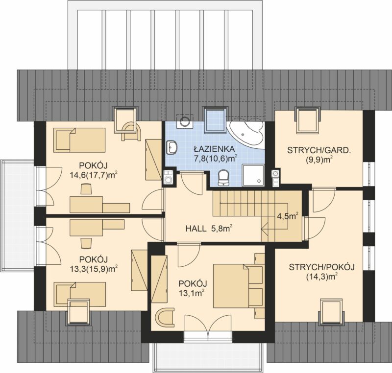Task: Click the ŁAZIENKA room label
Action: click(x=214, y=149)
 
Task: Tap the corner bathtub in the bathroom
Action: click(x=247, y=134)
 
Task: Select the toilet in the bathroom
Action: click(x=223, y=178)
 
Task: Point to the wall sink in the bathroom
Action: click(x=171, y=147)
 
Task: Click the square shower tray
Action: click(x=253, y=176)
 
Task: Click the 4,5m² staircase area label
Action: click(x=288, y=216)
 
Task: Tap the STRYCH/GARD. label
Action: click(x=318, y=150)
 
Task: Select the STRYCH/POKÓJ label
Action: click(x=322, y=267)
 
